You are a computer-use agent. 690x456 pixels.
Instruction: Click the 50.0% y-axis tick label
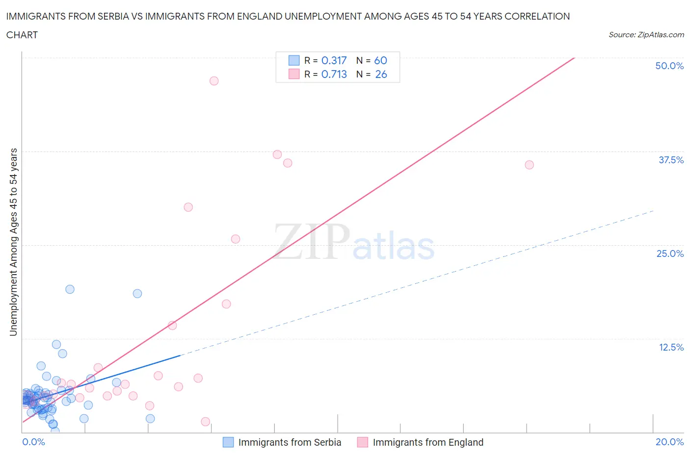point(669,66)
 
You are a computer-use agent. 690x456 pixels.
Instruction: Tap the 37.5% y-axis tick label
point(671,160)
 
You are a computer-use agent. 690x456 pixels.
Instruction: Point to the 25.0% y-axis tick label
point(670,253)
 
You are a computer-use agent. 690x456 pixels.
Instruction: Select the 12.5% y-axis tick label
point(671,347)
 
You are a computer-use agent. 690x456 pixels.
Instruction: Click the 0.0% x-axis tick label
point(33,442)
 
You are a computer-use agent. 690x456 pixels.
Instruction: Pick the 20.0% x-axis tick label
point(669,442)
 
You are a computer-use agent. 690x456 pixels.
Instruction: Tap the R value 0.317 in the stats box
point(334,60)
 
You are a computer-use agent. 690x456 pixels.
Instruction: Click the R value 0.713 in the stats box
point(334,74)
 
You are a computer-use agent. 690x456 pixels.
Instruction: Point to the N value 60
point(380,60)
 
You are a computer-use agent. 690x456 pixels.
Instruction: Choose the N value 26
point(381,74)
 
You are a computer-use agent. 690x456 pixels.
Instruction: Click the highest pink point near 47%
point(214,81)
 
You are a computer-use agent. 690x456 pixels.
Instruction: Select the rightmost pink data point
point(529,165)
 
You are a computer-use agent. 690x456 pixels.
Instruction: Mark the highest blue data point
point(70,289)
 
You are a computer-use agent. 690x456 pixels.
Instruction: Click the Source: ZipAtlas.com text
point(646,35)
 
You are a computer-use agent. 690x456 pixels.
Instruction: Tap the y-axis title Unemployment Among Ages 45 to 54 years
point(13,242)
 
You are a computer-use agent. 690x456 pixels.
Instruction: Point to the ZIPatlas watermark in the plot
point(354,242)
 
